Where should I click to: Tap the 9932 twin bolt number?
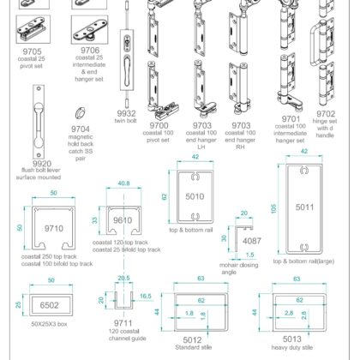coord(126,112)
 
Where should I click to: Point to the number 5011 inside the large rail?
coord(305,207)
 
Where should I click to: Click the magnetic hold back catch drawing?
coord(81,111)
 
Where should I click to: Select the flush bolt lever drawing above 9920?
coord(38,124)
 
